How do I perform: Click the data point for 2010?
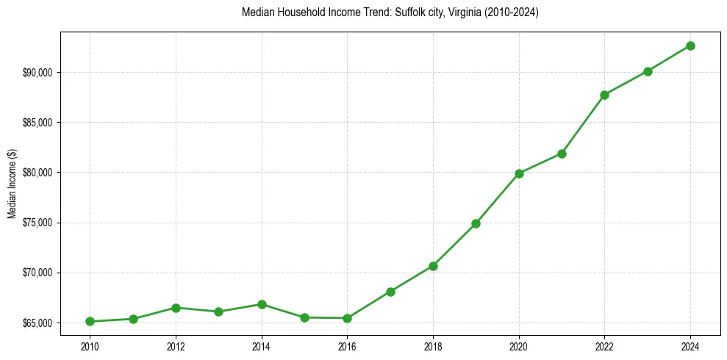90,321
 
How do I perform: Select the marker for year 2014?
262,304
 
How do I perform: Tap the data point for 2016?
347,318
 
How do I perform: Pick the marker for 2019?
476,223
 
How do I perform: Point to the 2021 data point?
562,154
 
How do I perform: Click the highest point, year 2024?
690,46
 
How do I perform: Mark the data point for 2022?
604,95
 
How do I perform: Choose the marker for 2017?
390,292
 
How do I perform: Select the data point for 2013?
218,312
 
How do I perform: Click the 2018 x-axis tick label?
433,345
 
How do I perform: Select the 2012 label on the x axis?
176,345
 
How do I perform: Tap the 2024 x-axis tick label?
690,345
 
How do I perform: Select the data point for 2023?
648,71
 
